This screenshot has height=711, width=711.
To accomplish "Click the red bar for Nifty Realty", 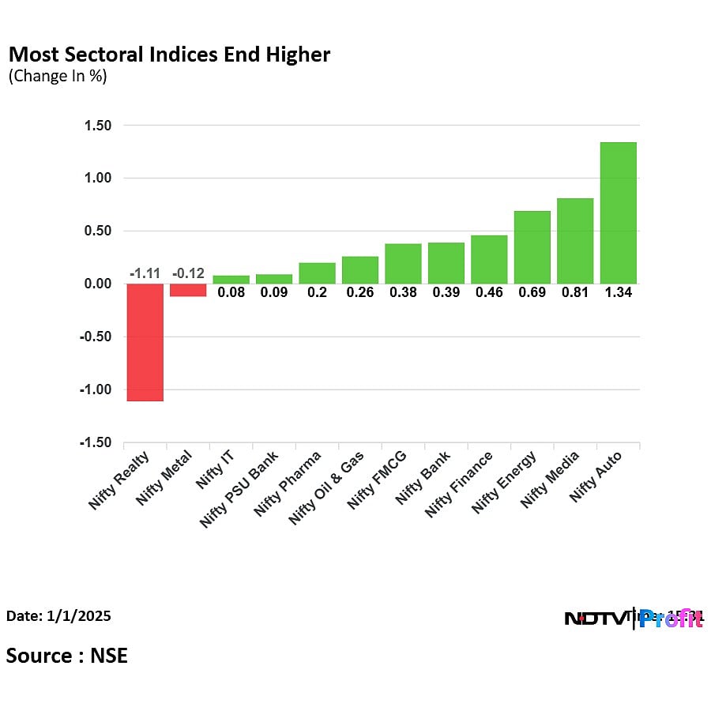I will click(145, 342).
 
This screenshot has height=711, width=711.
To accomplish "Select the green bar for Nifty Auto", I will click(618, 213).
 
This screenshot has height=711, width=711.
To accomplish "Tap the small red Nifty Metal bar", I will click(188, 290).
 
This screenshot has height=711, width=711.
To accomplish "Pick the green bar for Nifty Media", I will click(575, 241).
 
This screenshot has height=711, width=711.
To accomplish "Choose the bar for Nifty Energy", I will click(532, 247).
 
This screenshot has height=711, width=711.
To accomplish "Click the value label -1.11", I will click(145, 273).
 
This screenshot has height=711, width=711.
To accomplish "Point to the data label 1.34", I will click(618, 292).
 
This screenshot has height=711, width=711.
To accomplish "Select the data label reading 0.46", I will click(489, 292).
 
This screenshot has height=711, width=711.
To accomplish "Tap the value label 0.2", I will click(317, 292).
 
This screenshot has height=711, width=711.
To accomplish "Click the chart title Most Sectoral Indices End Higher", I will click(168, 55).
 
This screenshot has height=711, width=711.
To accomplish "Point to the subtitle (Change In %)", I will click(57, 77).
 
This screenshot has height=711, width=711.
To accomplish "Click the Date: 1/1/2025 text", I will click(58, 615).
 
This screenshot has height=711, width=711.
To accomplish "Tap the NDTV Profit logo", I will click(633, 619).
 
